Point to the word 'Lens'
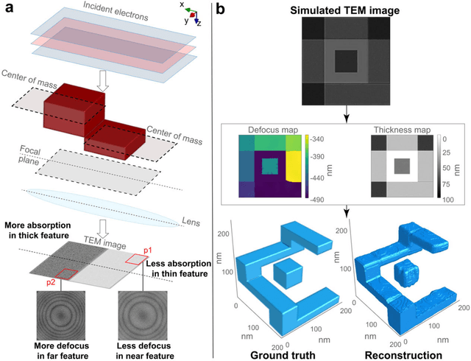coord(191,220)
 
